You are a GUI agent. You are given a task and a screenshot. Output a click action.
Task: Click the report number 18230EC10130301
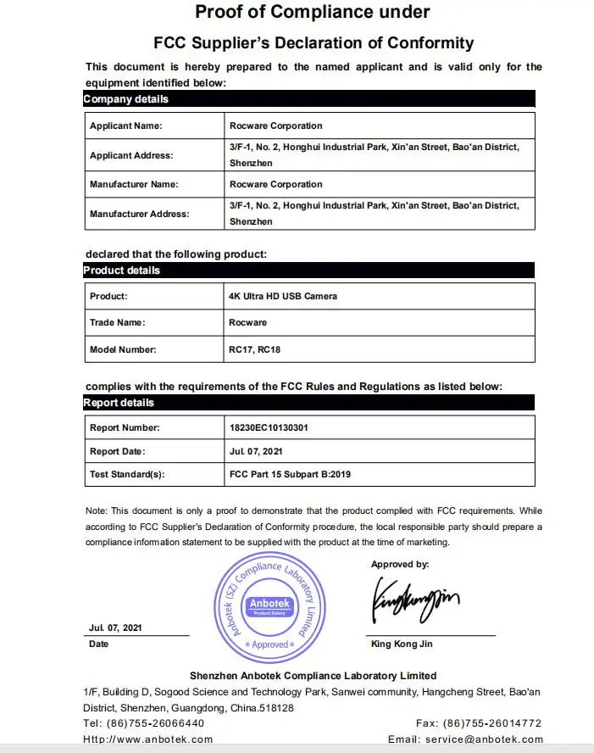click(269, 427)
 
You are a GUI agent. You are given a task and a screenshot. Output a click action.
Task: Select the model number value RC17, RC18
click(255, 349)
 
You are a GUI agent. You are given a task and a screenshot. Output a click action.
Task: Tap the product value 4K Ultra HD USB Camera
click(283, 296)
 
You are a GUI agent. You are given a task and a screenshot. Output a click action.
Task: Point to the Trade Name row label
click(118, 322)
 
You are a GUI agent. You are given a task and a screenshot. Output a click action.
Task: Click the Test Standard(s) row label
click(126, 474)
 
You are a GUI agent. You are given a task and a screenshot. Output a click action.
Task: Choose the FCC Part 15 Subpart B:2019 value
click(290, 474)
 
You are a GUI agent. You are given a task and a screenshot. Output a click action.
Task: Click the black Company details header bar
click(308, 99)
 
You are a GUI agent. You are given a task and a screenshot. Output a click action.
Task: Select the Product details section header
click(308, 271)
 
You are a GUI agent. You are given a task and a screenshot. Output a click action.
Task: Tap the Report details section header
click(308, 403)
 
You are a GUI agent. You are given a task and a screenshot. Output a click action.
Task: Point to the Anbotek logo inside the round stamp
click(269, 605)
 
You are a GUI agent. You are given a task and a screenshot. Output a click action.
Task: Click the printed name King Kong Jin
click(402, 644)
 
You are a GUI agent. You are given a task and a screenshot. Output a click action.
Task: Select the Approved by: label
click(400, 564)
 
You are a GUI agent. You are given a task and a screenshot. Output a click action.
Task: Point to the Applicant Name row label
click(126, 126)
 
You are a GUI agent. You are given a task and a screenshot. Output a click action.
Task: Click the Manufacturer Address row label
click(140, 214)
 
